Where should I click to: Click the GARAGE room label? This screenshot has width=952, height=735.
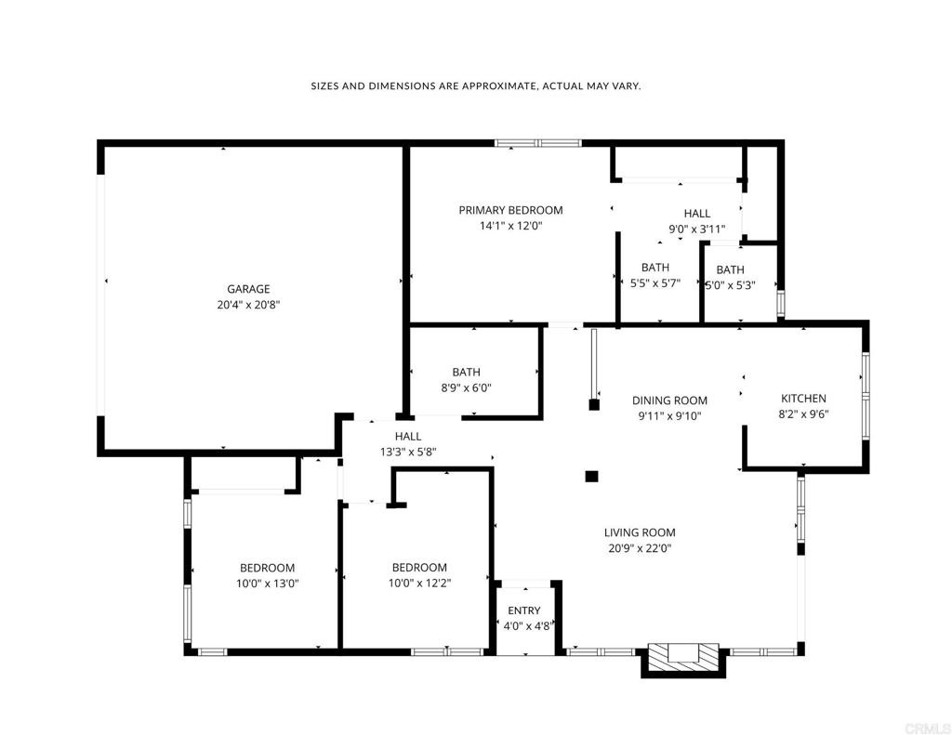coord(248,290)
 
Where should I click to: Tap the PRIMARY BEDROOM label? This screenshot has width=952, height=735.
coord(510,211)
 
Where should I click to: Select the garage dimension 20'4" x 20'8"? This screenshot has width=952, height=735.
coord(248,305)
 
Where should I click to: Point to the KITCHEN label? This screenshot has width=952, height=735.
coord(803,399)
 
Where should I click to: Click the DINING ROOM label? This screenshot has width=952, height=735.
coord(669,400)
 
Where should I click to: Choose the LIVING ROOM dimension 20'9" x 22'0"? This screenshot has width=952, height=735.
coord(640,548)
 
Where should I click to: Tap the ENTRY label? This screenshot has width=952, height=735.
coord(524,610)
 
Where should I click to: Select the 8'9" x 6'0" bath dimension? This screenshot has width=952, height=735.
coord(467,387)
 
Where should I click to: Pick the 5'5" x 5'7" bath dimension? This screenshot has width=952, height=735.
coord(655,282)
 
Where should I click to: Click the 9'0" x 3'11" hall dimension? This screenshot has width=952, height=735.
coord(697,230)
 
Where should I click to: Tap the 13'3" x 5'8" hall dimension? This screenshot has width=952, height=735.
coord(409,453)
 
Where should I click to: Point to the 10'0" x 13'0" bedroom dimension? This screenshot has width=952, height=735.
coord(268,584)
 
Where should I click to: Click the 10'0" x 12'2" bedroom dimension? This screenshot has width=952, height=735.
coord(419,584)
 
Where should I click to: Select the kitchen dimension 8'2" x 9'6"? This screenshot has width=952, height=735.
coord(804,414)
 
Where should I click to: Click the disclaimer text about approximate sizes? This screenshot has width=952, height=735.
coord(476,86)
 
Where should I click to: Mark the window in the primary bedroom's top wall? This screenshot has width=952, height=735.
coord(538,143)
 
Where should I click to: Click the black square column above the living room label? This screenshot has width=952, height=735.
coord(591,477)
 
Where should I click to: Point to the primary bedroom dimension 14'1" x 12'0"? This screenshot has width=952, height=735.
coord(510,227)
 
